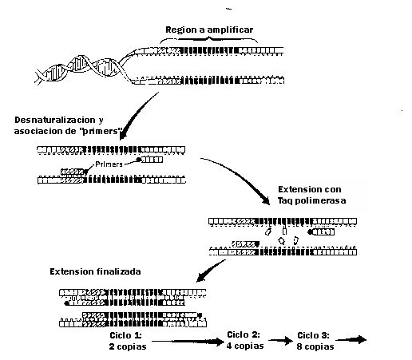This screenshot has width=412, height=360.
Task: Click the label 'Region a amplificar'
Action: (x=209, y=30)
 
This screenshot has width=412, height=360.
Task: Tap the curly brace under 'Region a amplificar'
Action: (x=209, y=39)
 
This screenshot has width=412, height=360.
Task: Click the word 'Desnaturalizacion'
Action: (x=55, y=120)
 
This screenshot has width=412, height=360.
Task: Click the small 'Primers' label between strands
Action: (x=109, y=164)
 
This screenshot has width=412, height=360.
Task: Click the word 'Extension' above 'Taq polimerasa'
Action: (x=295, y=189)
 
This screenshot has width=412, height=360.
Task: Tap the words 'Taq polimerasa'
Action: (x=311, y=200)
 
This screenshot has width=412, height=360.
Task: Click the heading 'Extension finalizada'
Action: (x=95, y=271)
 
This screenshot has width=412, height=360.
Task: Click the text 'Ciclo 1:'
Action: (x=125, y=335)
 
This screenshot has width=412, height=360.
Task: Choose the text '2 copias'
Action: (x=128, y=346)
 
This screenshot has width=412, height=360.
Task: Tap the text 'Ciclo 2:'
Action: (x=244, y=334)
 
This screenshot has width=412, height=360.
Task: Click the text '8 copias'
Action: (x=315, y=346)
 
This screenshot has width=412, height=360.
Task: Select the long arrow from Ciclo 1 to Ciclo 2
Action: (x=188, y=342)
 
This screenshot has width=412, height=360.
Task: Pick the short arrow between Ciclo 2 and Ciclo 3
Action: (x=280, y=340)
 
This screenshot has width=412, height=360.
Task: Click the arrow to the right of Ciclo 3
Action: (x=351, y=340)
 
